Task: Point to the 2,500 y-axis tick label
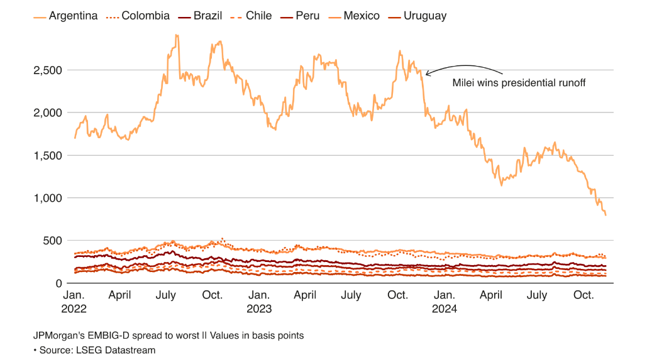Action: (x=48, y=70)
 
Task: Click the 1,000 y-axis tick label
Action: (x=48, y=198)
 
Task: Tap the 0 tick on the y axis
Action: (x=59, y=283)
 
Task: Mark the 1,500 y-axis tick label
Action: (x=48, y=155)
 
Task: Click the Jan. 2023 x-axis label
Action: (x=259, y=302)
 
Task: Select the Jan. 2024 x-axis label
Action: (x=445, y=302)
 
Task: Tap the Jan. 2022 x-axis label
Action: (x=74, y=302)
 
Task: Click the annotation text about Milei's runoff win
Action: (x=519, y=82)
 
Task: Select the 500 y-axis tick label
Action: (x=53, y=241)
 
